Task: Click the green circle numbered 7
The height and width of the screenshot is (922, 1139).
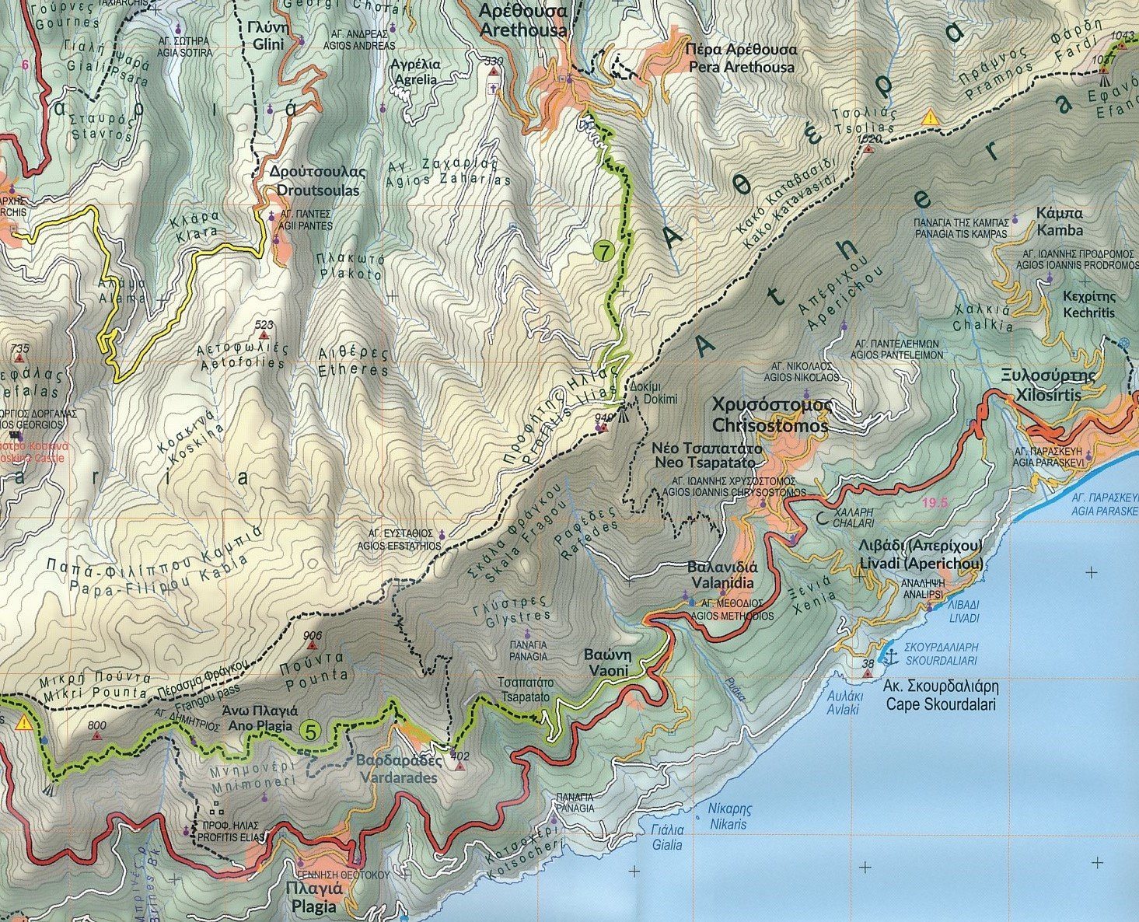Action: click(x=604, y=252)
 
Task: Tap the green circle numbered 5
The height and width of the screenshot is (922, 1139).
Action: click(x=311, y=732)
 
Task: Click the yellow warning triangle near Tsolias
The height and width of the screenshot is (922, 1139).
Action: click(x=929, y=118)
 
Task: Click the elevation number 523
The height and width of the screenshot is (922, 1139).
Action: click(x=264, y=325)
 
